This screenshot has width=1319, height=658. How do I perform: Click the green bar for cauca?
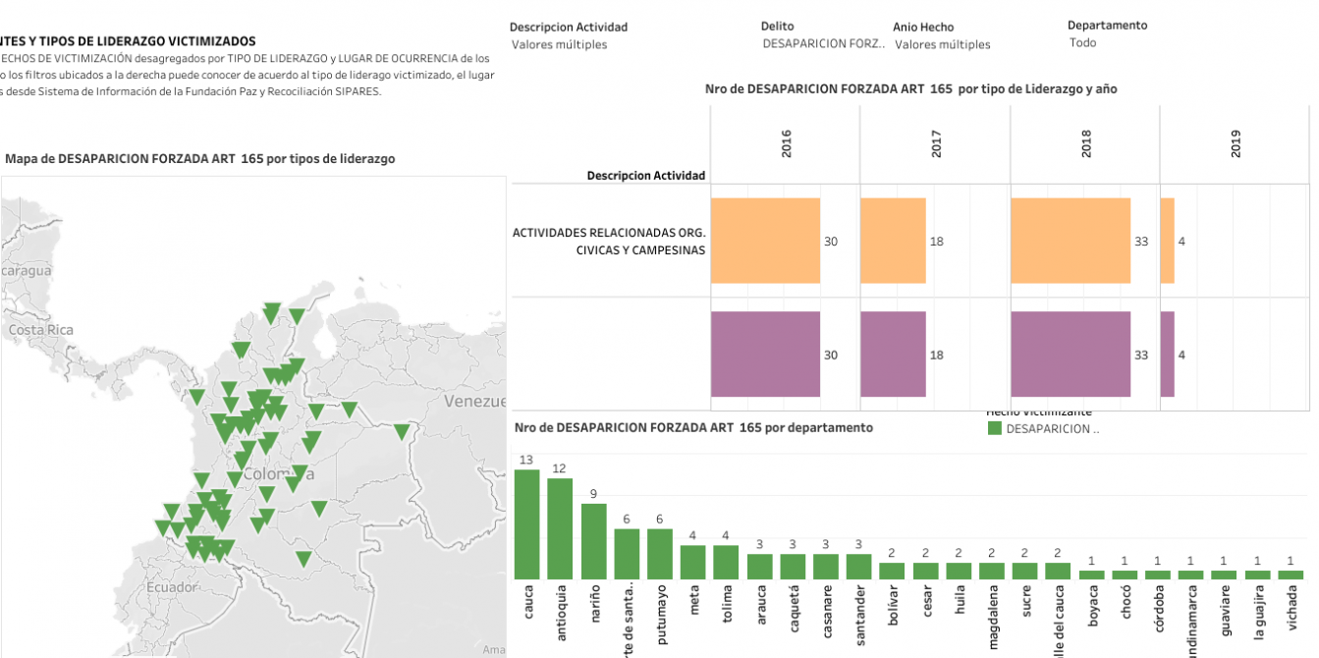point(527,524)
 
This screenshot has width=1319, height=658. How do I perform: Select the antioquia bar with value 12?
point(560,528)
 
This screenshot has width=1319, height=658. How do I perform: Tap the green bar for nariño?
point(593,541)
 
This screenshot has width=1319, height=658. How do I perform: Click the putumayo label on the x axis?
point(661,616)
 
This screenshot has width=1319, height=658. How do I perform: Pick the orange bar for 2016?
point(765,241)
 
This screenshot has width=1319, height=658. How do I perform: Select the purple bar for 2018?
point(1071,355)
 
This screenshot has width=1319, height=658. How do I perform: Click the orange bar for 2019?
point(1167,241)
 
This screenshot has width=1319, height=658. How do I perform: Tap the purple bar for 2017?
point(893,355)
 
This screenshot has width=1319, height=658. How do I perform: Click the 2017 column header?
point(936,144)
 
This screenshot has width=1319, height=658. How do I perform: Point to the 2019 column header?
point(1236,144)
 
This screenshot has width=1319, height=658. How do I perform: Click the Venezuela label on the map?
point(475,401)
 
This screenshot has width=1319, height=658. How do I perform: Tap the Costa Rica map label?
point(41,330)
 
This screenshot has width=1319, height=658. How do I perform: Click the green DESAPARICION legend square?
point(994,429)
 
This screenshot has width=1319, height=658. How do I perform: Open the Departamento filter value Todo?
point(1082,43)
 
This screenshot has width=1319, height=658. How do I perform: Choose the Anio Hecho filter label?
point(923,27)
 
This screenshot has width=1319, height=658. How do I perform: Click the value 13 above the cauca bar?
point(526,460)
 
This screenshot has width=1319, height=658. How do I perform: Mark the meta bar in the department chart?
point(693,562)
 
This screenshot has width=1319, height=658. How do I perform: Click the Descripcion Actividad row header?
point(645,175)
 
